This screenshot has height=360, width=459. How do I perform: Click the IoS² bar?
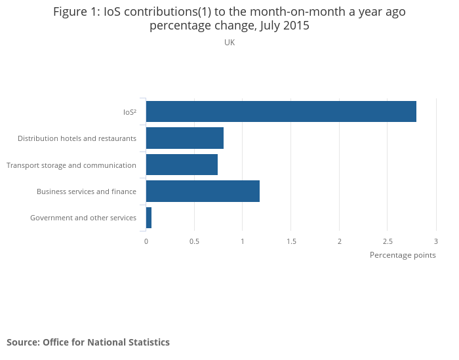[281, 111]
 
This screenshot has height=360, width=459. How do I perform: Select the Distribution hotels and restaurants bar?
[184, 138]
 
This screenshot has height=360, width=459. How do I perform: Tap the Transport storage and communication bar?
[182, 165]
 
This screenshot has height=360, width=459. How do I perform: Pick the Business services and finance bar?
[203, 191]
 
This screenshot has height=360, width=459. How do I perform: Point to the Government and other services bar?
[149, 218]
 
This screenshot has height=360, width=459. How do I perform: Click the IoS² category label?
[129, 112]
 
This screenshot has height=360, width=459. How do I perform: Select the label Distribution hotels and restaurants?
[77, 138]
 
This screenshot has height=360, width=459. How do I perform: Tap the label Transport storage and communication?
[71, 165]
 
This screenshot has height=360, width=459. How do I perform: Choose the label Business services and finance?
[87, 191]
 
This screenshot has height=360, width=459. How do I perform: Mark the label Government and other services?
[83, 218]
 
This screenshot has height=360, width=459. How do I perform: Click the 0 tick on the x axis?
[146, 241]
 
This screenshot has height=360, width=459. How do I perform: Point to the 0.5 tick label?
[194, 241]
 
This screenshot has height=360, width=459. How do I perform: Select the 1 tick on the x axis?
[243, 241]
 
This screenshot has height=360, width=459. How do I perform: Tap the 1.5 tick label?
[291, 241]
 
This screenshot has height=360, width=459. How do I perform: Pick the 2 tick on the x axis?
[340, 241]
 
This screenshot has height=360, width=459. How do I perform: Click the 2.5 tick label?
[388, 241]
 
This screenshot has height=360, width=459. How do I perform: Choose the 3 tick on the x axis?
[436, 241]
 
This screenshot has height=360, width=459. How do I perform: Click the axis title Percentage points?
[403, 255]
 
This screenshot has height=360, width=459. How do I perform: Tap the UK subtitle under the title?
[229, 43]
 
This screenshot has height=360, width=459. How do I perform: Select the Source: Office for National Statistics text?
[88, 342]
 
